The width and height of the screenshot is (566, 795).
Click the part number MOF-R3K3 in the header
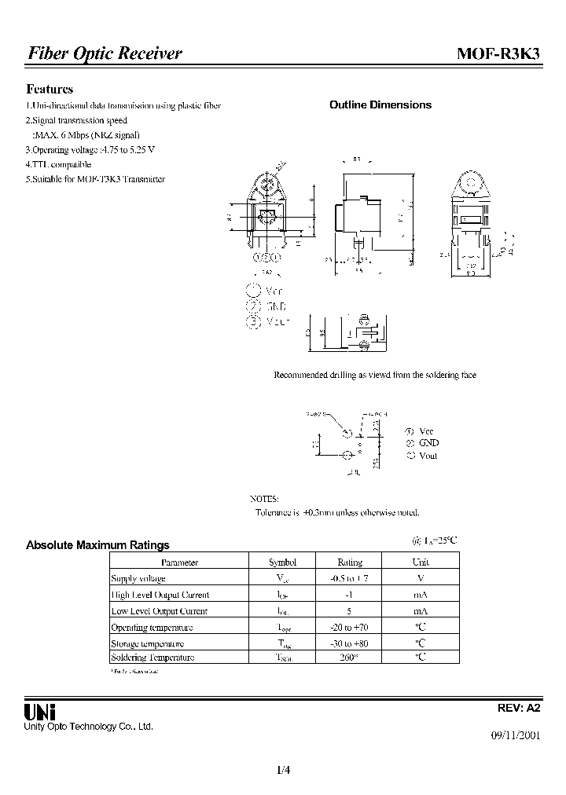(498, 53)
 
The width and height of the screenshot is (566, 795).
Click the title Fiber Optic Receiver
(105, 53)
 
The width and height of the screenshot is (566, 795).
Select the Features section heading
(50, 90)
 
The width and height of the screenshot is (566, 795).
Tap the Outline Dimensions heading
(380, 104)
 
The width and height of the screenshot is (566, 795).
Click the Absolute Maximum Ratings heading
(97, 544)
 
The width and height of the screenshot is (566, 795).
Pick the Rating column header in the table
(349, 562)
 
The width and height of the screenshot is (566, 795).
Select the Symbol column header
(282, 562)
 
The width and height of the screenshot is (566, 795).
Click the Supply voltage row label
(138, 578)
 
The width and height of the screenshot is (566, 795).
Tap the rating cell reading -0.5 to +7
(349, 578)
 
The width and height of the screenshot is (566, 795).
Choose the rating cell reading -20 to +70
(349, 628)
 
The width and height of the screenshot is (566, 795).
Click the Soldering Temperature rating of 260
(349, 658)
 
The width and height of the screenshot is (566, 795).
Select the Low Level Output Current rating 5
(349, 611)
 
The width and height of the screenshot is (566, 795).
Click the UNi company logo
(39, 711)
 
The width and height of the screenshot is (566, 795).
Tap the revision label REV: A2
(519, 707)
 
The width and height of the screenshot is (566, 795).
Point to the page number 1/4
(283, 770)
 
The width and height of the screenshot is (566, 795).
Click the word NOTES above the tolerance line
(263, 499)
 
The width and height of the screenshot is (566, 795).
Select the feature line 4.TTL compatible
(58, 164)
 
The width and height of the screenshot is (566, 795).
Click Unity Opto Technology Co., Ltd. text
(88, 727)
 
